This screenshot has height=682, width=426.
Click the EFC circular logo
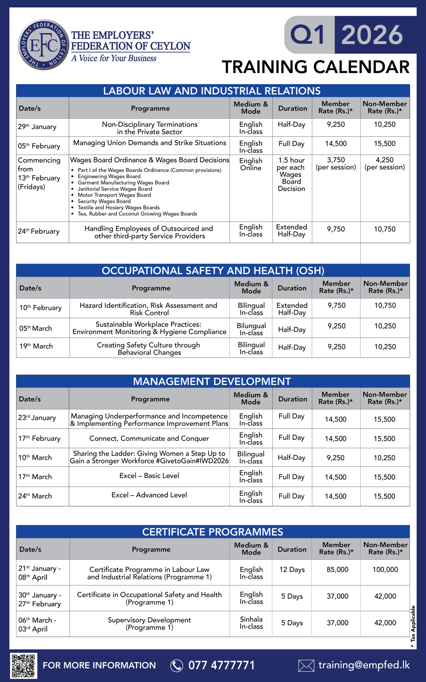43,44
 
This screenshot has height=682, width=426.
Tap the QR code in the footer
24,666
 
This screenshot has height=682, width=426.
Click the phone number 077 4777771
222,665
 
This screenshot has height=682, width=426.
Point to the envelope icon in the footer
306,666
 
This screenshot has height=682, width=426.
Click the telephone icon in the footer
177,666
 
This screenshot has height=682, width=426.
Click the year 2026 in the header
372,35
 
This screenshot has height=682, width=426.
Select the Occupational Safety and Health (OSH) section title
213,271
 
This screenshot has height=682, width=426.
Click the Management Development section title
212,381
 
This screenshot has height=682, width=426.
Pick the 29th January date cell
37,127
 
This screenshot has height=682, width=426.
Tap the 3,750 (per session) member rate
336,164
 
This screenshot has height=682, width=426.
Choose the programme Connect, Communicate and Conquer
149,439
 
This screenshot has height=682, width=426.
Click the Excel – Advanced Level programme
149,495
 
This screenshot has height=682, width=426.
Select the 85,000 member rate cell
337,570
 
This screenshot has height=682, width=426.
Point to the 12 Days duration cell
292,570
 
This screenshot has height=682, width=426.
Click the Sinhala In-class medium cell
251,623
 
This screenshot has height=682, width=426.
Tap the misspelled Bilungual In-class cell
251,329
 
